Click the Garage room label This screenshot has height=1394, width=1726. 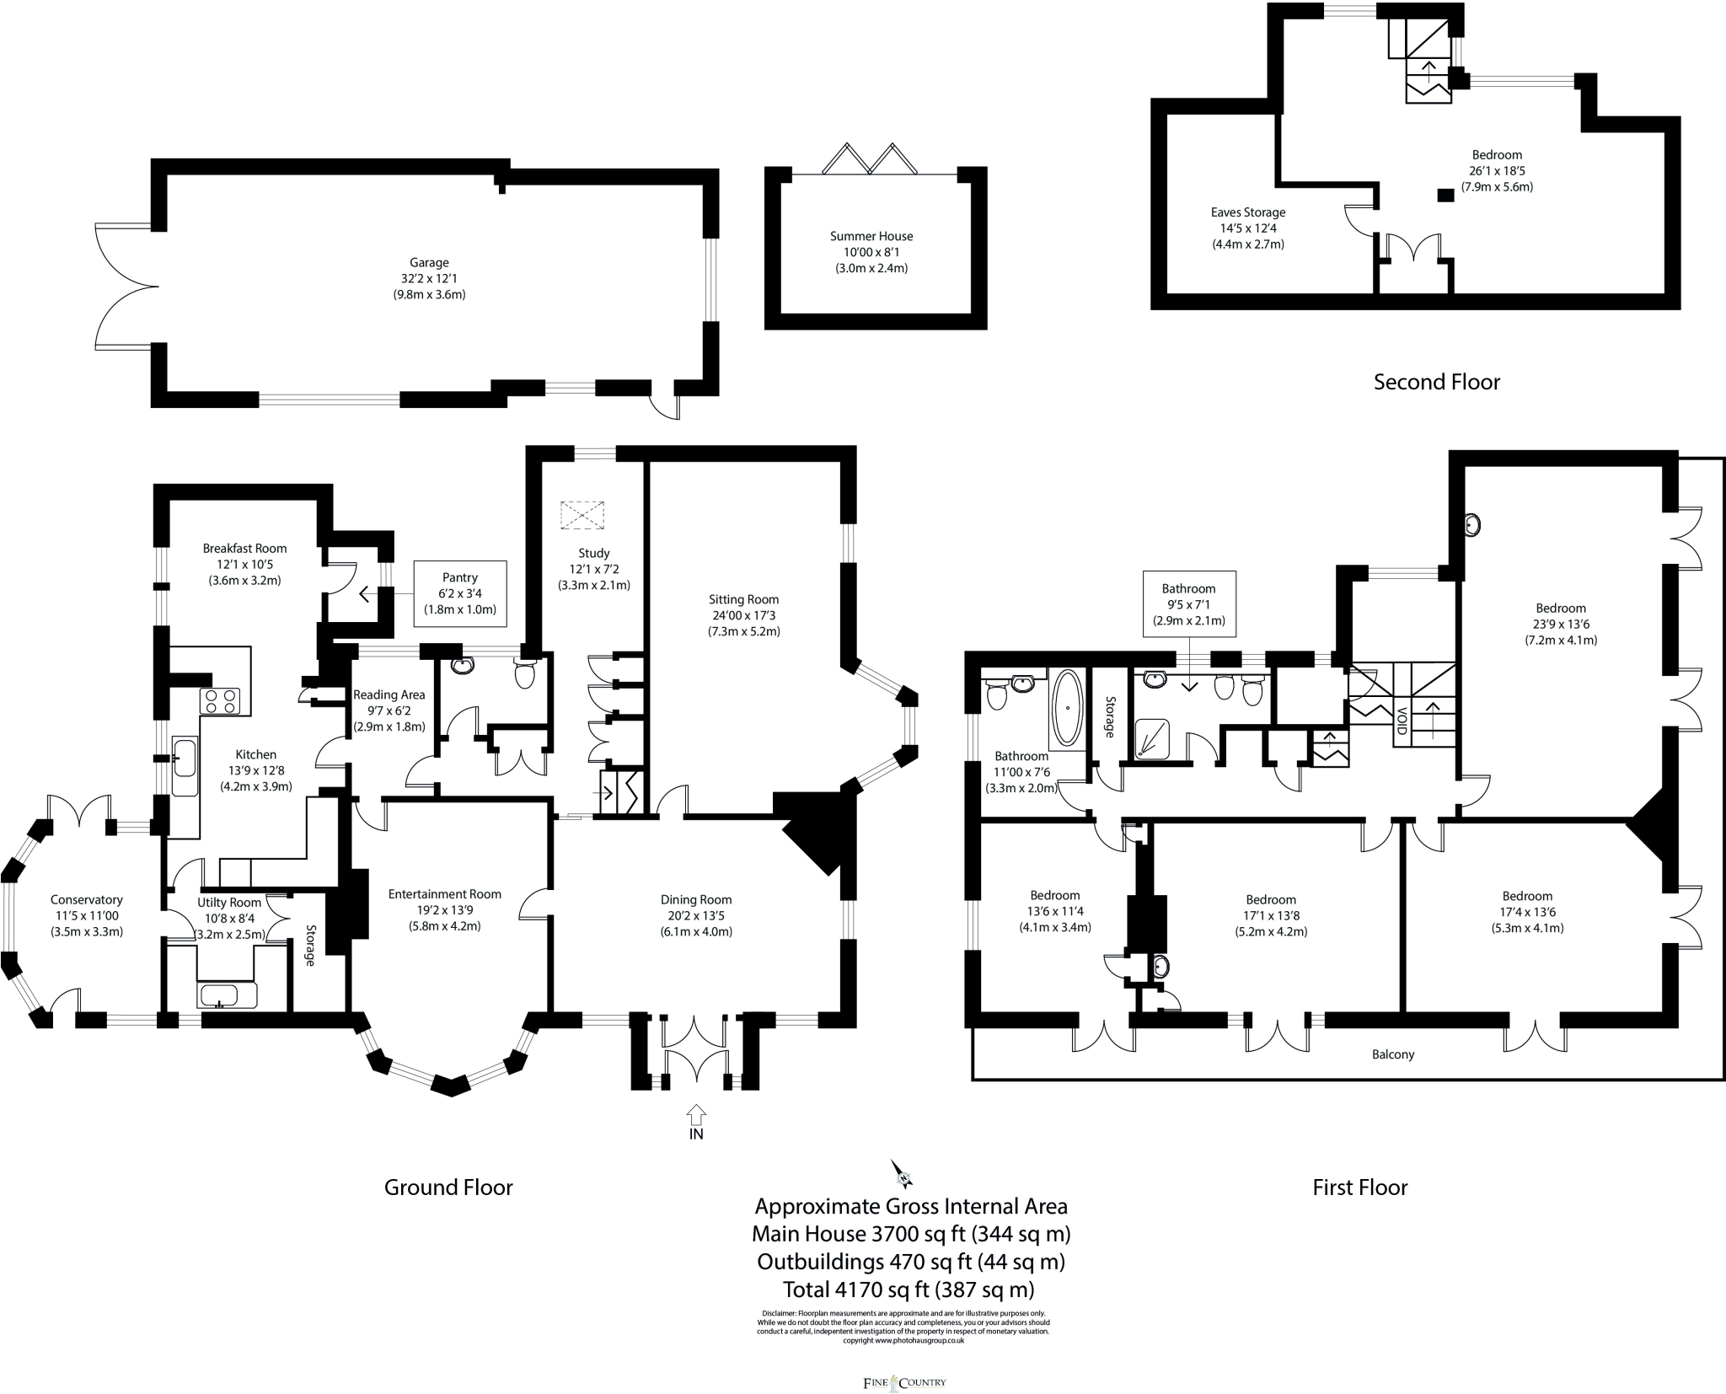coord(429,263)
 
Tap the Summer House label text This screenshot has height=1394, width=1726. coord(871,237)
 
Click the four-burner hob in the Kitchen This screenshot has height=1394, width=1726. coord(220,701)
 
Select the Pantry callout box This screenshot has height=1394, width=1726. coord(459,593)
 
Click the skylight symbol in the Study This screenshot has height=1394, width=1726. coord(582,515)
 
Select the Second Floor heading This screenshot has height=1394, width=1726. coord(1436,383)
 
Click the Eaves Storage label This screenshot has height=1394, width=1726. coord(1247,212)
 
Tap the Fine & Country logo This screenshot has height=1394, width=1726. coord(904,1382)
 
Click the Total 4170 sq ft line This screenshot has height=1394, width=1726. coord(908,1289)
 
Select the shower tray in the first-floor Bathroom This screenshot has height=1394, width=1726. coord(1151,739)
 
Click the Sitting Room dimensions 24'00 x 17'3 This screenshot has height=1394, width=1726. coord(743,615)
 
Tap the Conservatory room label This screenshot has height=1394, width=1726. coord(86,900)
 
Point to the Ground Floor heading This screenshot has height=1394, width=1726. coord(448,1188)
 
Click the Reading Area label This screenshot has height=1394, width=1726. coord(389,695)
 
